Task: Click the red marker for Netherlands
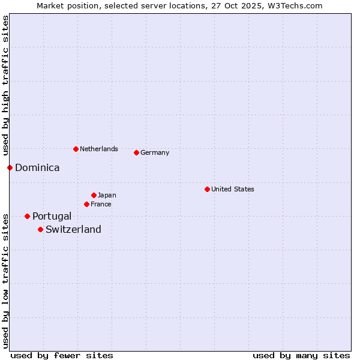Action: pos(76,149)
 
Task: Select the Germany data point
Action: pos(136,152)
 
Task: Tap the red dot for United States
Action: pos(207,189)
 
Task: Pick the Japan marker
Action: pos(94,195)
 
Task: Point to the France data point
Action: pos(87,204)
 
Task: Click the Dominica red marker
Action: pos(10,167)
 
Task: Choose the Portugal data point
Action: pos(27,216)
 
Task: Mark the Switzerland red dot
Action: pos(40,229)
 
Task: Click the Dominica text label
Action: pos(37,168)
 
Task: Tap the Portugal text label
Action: pos(52,216)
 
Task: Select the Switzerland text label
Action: pos(73,229)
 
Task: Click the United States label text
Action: pos(233,189)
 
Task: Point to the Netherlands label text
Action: pos(99,149)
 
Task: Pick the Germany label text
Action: pos(155,152)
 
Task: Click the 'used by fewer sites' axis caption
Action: pos(62,355)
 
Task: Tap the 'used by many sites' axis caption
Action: pos(301,355)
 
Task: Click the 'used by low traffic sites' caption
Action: pos(5,280)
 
